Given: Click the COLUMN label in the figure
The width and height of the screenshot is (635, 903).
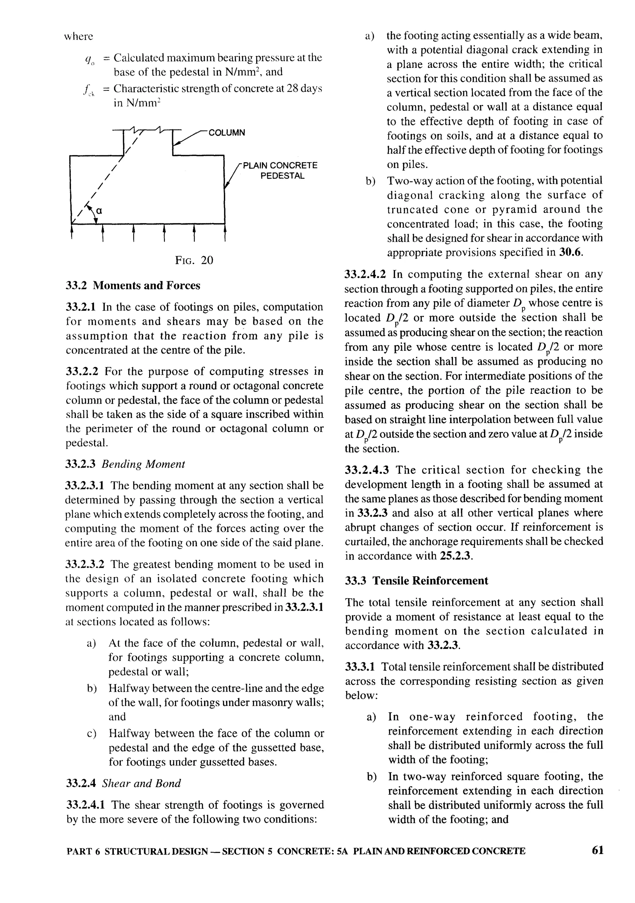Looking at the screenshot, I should tap(227, 133).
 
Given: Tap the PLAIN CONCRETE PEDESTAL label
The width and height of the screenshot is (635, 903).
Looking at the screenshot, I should tap(280, 170).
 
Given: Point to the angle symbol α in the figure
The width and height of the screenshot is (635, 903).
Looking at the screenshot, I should tap(99, 211).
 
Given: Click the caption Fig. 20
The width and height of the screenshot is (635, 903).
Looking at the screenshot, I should tap(194, 260).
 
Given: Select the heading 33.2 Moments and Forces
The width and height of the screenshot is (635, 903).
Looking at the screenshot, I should tap(133, 286).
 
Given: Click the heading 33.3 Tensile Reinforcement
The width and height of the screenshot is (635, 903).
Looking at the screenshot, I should tap(416, 581).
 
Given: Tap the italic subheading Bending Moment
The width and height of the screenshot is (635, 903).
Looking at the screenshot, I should tap(143, 464).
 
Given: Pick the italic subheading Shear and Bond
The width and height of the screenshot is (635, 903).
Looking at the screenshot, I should tap(141, 783).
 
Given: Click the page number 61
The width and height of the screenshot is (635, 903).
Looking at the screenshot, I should tap(597, 850).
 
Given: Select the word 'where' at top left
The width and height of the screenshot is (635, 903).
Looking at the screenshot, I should tap(79, 37).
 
